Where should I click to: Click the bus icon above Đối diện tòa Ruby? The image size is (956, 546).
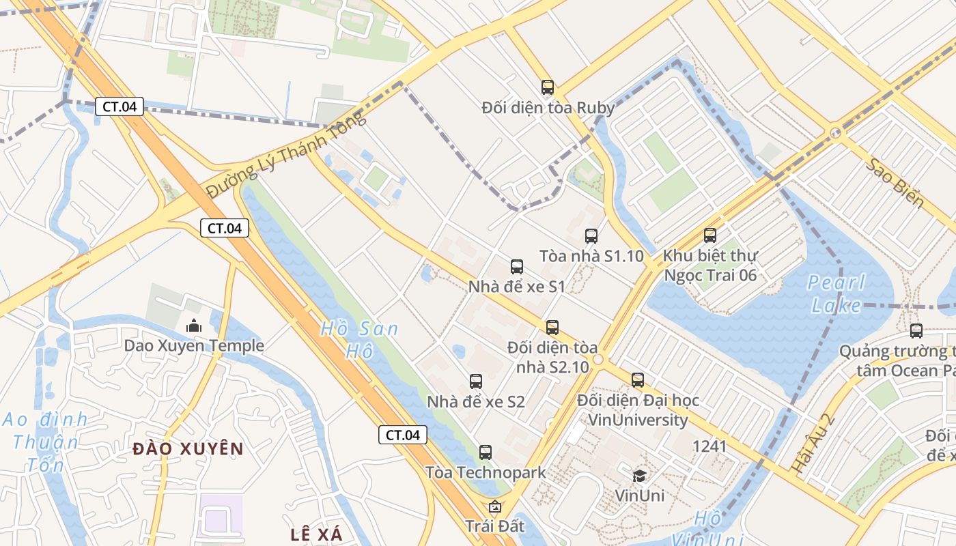click(548, 87)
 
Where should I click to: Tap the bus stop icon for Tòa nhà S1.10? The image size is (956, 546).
click(591, 236)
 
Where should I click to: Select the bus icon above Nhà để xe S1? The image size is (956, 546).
click(517, 267)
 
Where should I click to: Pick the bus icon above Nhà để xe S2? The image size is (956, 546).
click(476, 382)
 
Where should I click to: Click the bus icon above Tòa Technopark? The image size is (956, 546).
click(486, 452)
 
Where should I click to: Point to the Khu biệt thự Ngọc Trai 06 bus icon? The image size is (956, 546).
click(710, 235)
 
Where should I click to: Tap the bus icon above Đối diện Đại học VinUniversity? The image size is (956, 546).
click(638, 380)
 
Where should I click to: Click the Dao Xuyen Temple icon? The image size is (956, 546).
click(194, 326)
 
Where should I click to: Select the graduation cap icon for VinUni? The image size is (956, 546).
click(640, 476)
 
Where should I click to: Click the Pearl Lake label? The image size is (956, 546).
click(836, 293)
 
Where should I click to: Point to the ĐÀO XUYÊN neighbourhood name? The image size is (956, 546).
click(188, 449)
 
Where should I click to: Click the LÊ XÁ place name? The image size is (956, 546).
click(317, 534)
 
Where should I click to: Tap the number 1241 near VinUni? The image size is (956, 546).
click(709, 446)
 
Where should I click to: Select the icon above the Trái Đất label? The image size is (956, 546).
click(495, 506)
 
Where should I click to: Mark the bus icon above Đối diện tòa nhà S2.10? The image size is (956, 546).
click(552, 328)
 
